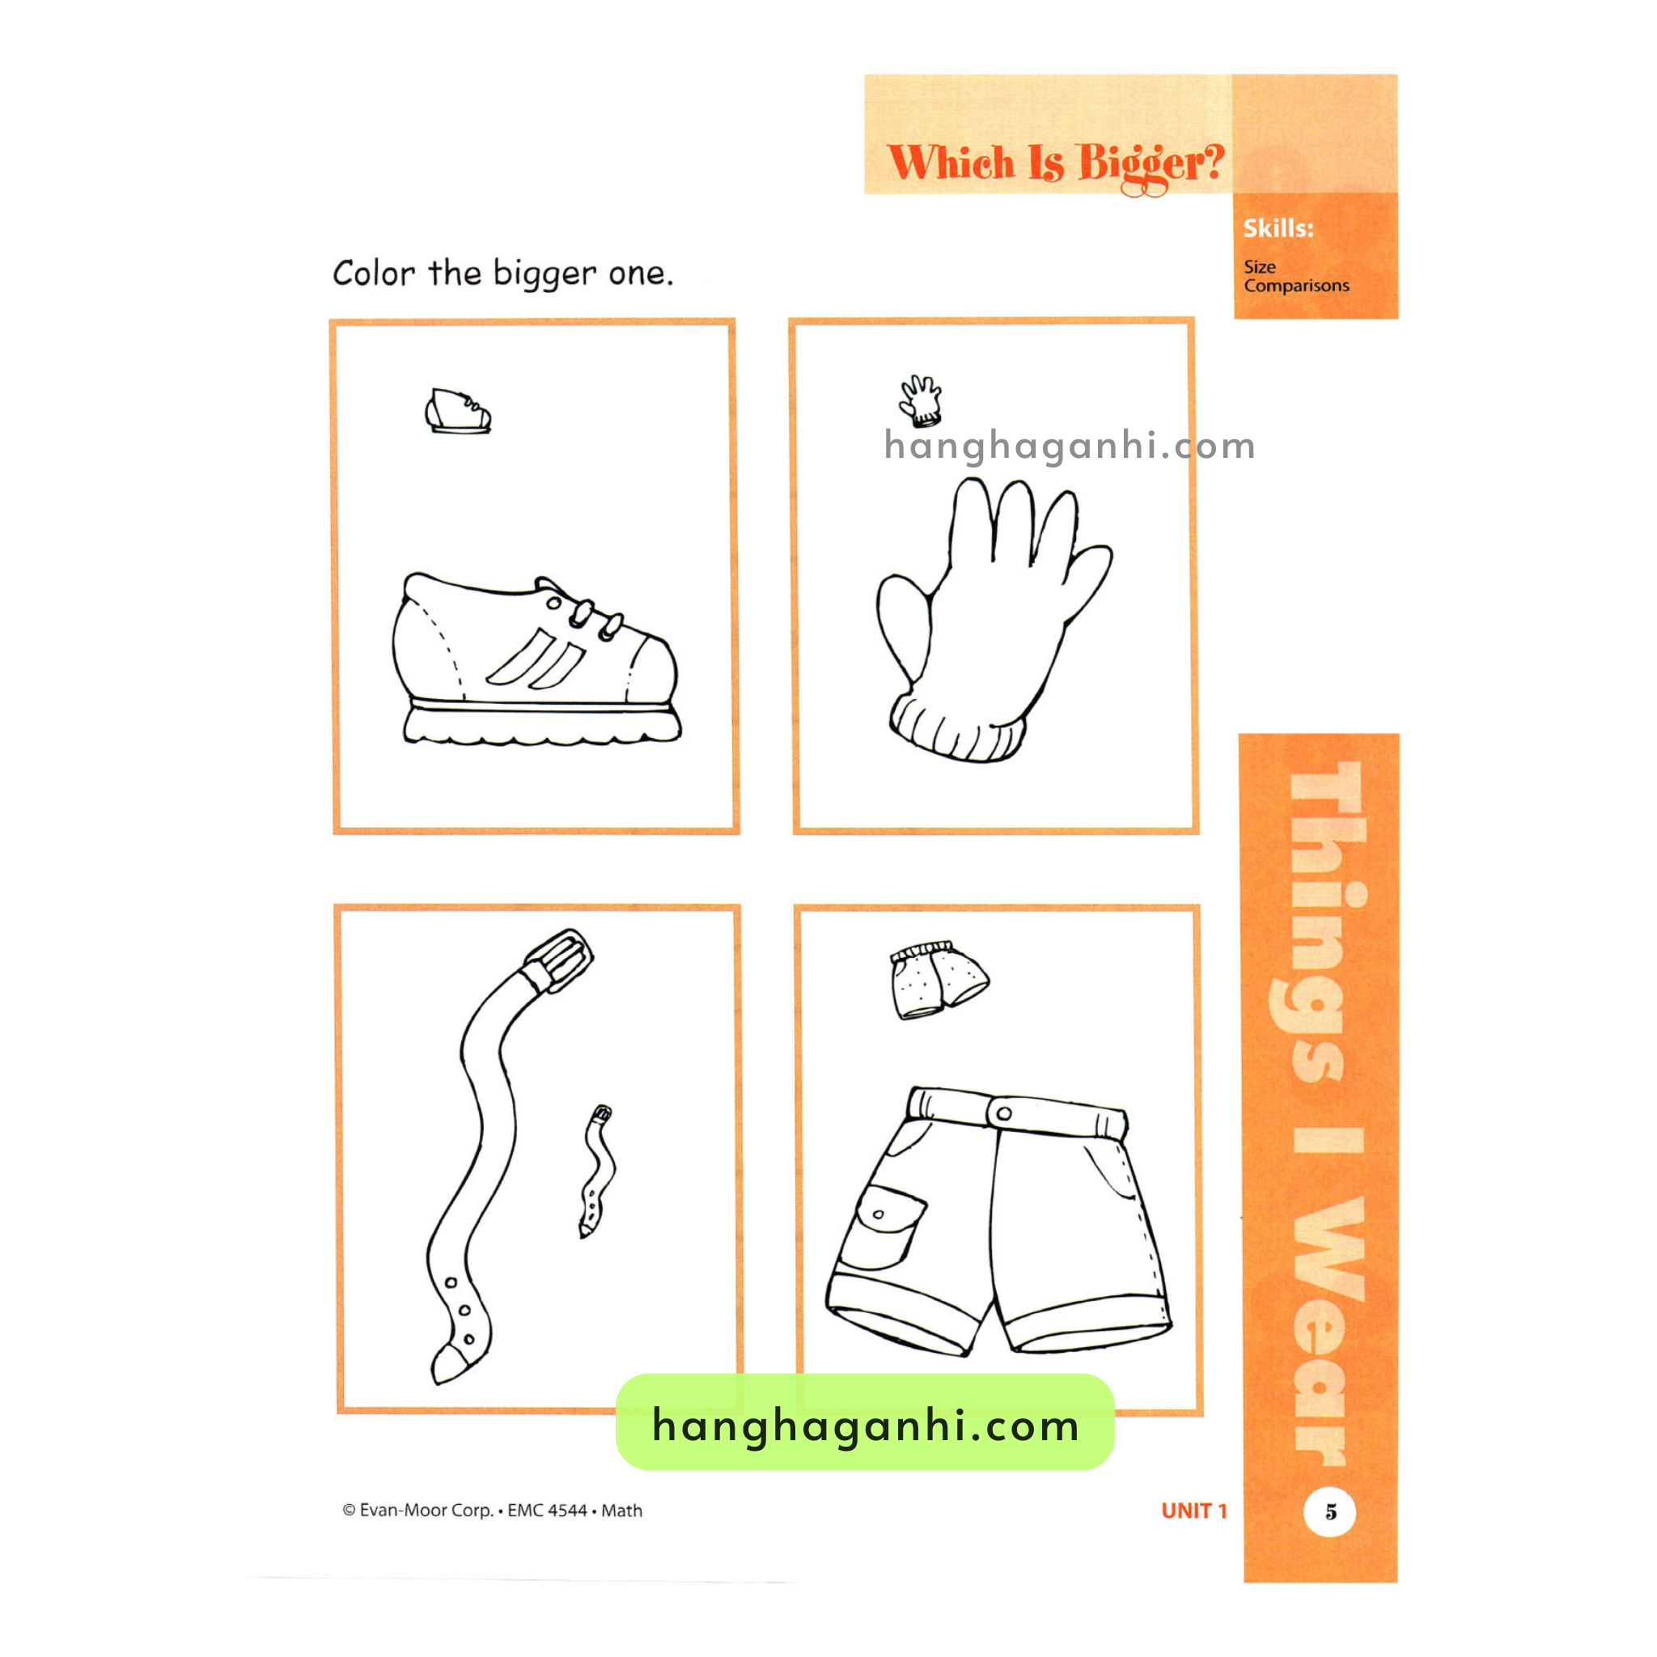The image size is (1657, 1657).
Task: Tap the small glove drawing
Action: pos(920,400)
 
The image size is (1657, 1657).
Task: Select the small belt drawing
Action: pos(598,1171)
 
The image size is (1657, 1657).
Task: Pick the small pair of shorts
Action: pos(939,980)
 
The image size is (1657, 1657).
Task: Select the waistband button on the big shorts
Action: pos(1003,1113)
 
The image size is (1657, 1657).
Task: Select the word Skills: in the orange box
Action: pos(1278,228)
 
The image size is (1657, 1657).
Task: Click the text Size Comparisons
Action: pos(1296,276)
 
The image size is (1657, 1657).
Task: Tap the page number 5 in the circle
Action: pos(1330,1511)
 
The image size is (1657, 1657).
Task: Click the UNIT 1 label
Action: pos(1194,1511)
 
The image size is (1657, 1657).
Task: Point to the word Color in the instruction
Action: pos(374,273)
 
